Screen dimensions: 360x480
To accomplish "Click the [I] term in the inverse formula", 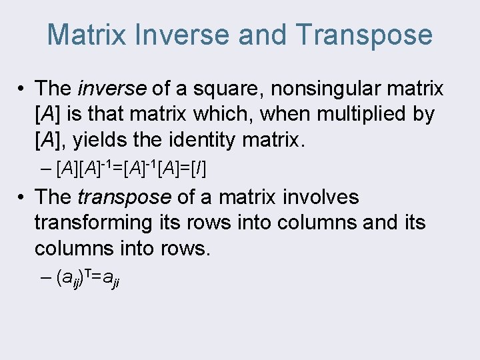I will click(x=199, y=169).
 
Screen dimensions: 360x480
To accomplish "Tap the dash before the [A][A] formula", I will click(x=45, y=169).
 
